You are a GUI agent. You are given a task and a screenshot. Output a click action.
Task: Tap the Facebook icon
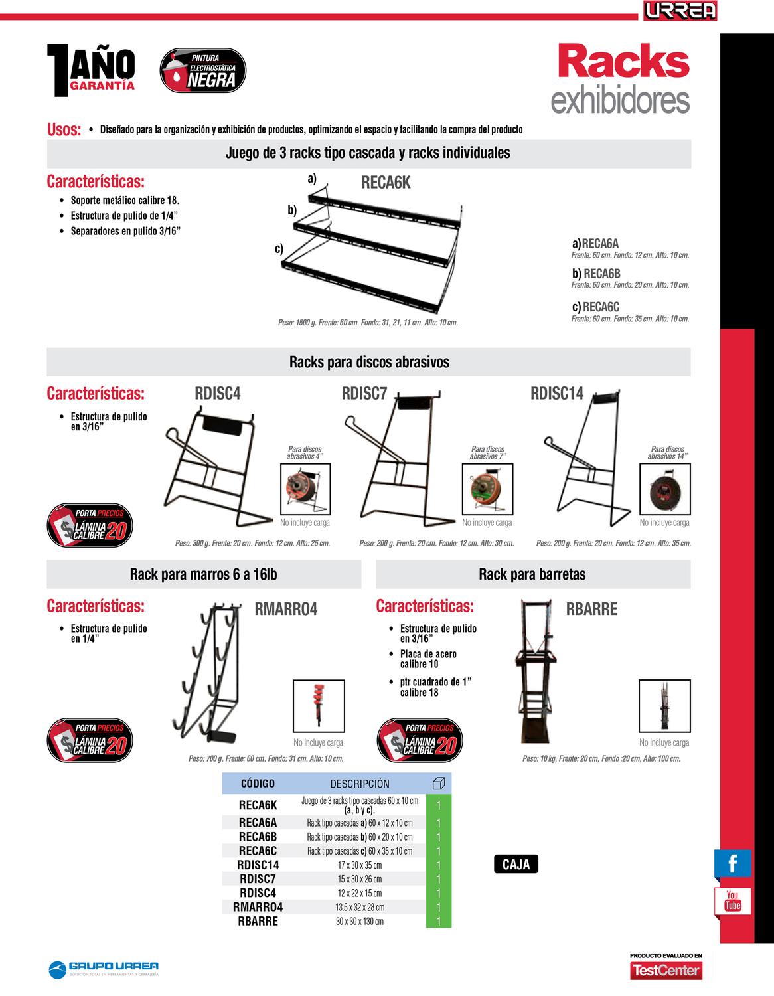[733, 864]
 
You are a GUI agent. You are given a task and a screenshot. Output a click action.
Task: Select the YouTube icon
[733, 901]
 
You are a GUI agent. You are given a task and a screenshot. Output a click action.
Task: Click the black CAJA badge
[516, 865]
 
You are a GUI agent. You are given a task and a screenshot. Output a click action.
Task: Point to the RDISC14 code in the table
[258, 865]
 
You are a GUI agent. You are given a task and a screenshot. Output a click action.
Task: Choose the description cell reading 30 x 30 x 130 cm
[360, 921]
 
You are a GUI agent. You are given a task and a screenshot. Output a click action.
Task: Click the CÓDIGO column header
[258, 784]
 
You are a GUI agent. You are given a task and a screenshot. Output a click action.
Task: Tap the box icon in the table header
[438, 784]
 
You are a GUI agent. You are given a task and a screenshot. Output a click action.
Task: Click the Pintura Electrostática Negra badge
[203, 72]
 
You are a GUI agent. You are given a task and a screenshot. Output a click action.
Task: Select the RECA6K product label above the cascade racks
[386, 183]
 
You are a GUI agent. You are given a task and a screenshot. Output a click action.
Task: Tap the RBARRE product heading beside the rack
[591, 609]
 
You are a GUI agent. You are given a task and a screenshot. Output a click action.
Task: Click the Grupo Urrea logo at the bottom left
[104, 969]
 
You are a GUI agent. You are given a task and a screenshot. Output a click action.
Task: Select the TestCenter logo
[666, 970]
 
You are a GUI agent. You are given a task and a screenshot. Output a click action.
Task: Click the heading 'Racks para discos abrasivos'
[369, 362]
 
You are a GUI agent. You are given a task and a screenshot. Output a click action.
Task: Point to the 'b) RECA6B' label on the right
[596, 273]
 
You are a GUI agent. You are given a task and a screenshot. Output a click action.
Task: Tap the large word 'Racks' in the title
[623, 62]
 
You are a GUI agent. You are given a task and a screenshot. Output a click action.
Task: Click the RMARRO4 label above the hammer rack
[286, 609]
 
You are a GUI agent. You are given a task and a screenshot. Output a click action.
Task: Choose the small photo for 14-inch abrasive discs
[664, 490]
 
